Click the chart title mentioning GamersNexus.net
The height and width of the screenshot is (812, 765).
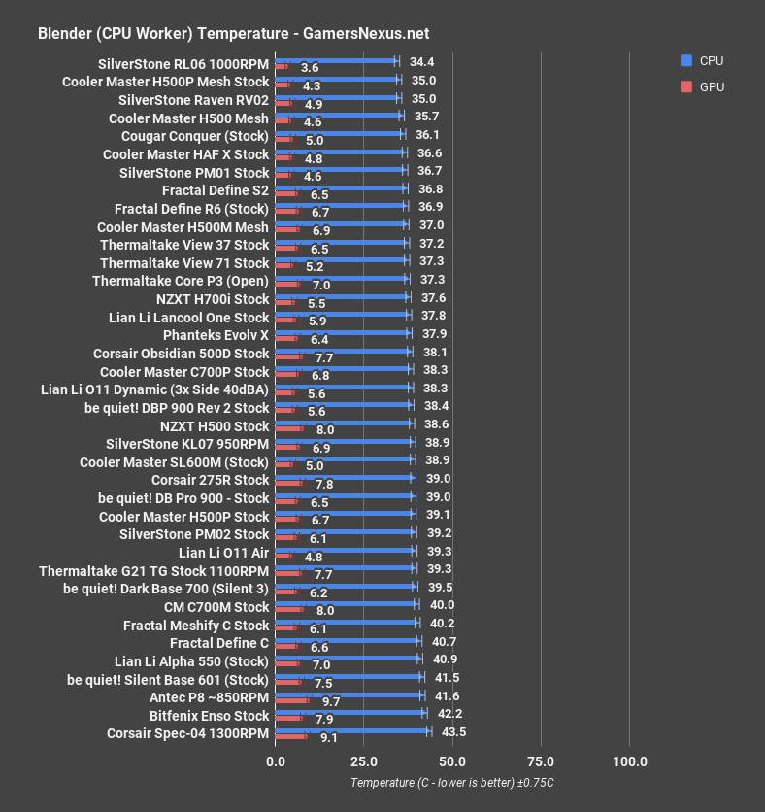(233, 33)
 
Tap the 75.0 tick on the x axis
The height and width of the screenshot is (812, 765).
(541, 761)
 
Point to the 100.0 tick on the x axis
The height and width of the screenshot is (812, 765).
(630, 761)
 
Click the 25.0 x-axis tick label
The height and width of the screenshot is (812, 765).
(364, 761)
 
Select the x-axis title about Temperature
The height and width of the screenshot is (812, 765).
(452, 783)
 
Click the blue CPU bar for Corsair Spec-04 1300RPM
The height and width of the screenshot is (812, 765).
(351, 731)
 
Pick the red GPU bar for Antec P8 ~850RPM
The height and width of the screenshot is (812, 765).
(292, 700)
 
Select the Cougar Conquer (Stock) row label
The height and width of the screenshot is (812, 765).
(204, 136)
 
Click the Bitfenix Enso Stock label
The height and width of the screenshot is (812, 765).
(209, 716)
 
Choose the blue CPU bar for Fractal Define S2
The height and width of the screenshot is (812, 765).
(340, 187)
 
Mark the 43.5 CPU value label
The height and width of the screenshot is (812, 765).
(453, 731)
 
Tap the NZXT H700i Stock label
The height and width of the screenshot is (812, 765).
(213, 299)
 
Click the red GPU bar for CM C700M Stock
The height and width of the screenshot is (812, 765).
(289, 610)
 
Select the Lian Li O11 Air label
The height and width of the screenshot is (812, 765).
(224, 553)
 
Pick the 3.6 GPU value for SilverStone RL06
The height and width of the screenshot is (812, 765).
(311, 68)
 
